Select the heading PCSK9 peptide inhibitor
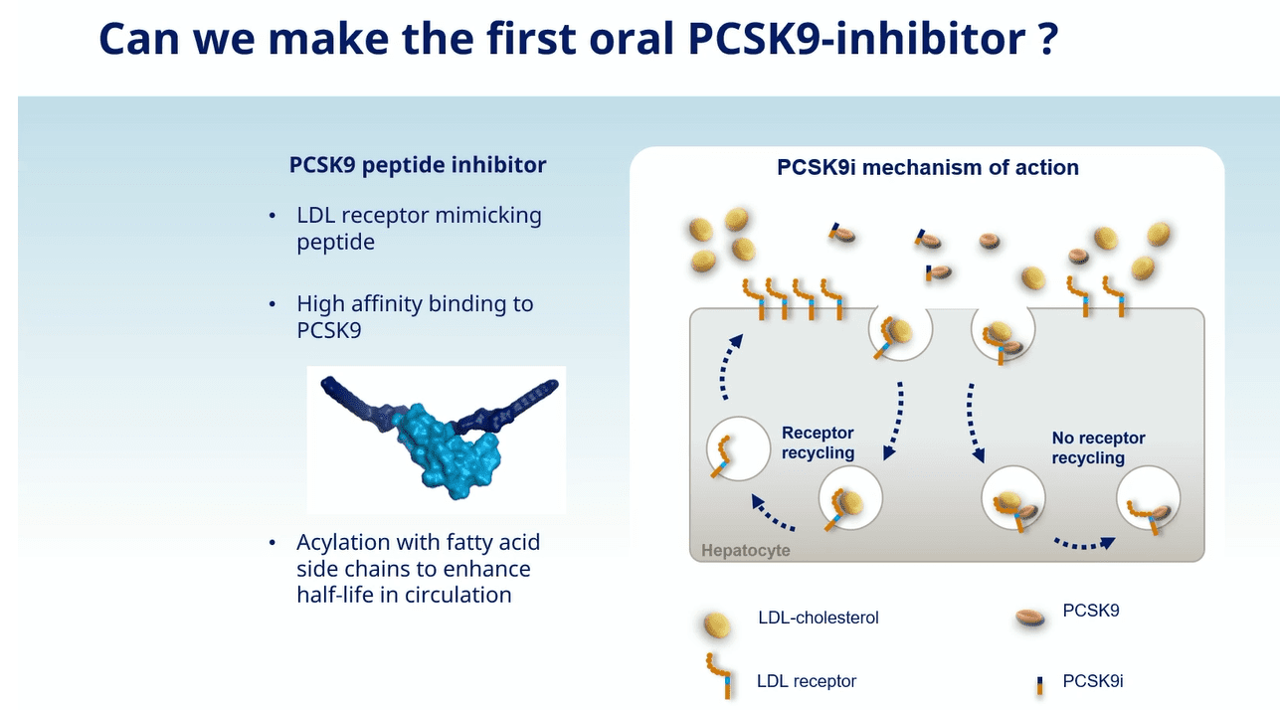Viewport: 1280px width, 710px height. point(418,165)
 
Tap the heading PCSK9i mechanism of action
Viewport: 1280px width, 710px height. point(928,167)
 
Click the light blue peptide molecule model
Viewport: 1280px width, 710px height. point(449,451)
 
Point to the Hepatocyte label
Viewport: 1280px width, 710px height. point(746,550)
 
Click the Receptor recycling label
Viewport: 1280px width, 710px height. point(818,443)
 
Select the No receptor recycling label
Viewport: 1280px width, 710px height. point(1098,447)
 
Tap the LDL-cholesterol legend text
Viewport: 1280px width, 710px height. point(819,618)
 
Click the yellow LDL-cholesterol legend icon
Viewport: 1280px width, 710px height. point(716,624)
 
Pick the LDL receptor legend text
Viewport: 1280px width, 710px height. point(807,681)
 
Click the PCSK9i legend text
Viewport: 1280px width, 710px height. point(1093,681)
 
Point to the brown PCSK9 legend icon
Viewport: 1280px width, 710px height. point(1029,618)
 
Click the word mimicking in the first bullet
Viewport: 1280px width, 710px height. point(488,216)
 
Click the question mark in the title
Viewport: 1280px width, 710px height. point(1047,38)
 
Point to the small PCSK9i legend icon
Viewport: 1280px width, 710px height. point(1039,685)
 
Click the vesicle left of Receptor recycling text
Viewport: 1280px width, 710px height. point(738,448)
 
